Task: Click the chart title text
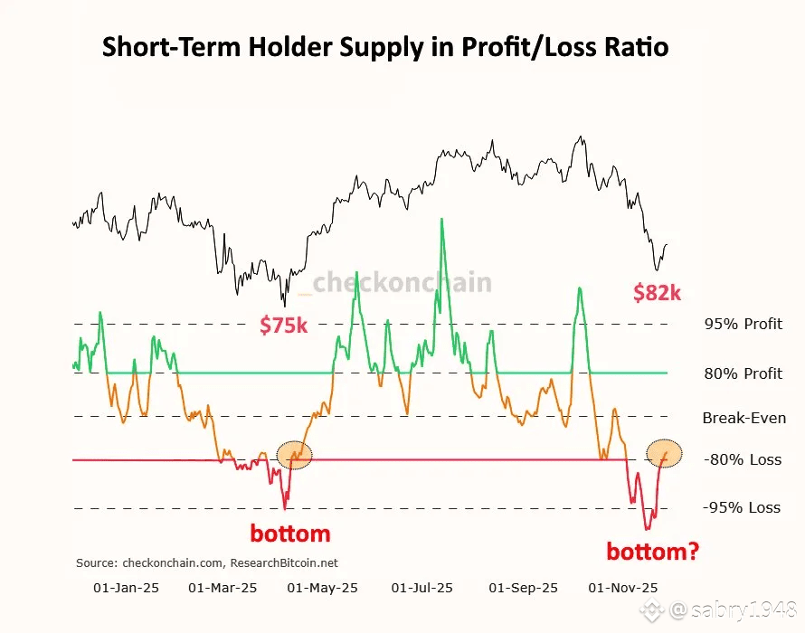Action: pos(385,47)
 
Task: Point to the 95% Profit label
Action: pos(743,324)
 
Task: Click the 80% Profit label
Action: pos(743,373)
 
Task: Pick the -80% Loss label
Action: pos(743,459)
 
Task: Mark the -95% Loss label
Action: pos(743,507)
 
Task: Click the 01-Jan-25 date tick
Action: pos(127,588)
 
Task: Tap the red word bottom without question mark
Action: pos(290,534)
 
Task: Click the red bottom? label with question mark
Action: pos(652,550)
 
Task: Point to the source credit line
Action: pos(207,562)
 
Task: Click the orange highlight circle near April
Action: pos(293,455)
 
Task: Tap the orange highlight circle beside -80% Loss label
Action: pos(665,452)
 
